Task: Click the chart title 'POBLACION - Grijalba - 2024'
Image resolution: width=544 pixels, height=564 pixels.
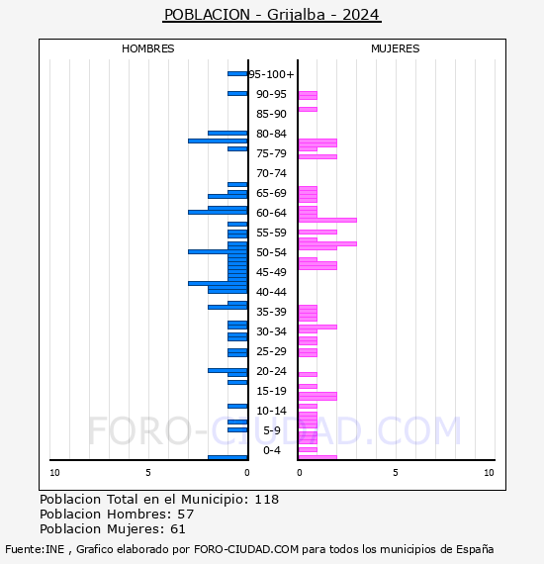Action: [x=272, y=15]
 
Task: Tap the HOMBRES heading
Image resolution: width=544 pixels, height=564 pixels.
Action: [x=147, y=48]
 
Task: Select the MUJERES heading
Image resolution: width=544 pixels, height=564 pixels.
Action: [x=396, y=48]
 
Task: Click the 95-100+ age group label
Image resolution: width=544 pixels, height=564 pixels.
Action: [x=271, y=74]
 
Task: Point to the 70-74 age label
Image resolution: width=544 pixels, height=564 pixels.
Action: [x=271, y=173]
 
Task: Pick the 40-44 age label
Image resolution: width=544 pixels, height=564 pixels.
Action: [x=271, y=292]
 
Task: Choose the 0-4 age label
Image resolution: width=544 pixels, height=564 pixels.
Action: [x=272, y=450]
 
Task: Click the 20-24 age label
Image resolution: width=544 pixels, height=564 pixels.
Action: [x=271, y=371]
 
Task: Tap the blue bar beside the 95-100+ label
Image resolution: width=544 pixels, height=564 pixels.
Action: [x=237, y=74]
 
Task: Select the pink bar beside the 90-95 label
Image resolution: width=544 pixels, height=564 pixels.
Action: [x=309, y=95]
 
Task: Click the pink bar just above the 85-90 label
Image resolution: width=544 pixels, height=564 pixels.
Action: [x=309, y=110]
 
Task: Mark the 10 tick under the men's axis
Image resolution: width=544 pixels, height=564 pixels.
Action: [x=54, y=473]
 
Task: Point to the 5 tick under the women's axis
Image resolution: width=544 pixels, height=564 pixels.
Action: [x=396, y=473]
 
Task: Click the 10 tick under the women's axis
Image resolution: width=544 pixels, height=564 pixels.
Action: [x=489, y=473]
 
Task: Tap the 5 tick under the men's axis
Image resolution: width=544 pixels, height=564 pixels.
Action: [x=148, y=473]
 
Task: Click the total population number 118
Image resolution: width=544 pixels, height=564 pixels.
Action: [x=267, y=500]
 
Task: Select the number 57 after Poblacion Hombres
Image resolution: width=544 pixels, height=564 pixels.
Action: [x=186, y=514]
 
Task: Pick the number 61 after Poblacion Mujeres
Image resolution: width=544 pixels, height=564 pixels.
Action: [x=178, y=529]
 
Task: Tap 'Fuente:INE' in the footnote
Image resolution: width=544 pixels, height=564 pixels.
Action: [x=35, y=549]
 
